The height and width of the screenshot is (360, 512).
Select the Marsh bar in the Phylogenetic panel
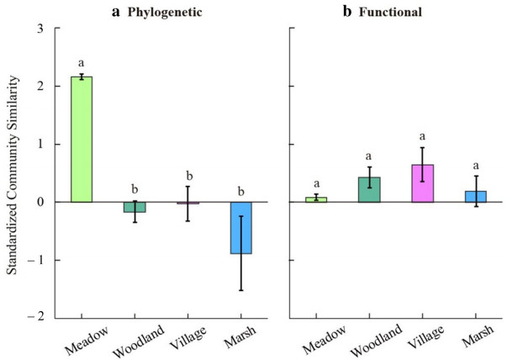click(x=240, y=228)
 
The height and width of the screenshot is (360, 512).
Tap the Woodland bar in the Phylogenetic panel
click(x=135, y=207)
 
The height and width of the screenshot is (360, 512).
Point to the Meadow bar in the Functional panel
click(x=316, y=199)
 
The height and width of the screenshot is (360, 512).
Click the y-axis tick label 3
click(x=39, y=28)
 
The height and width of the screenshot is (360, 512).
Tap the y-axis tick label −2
click(x=35, y=317)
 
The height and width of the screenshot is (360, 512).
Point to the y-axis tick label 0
click(x=39, y=202)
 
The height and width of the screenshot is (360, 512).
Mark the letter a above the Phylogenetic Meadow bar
click(x=82, y=63)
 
